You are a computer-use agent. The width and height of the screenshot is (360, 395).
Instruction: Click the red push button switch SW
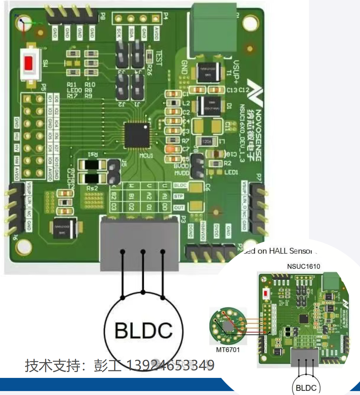(x=29, y=63)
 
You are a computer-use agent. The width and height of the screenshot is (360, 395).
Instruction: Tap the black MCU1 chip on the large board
(x=137, y=135)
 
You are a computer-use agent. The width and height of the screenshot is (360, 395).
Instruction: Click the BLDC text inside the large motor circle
(x=144, y=330)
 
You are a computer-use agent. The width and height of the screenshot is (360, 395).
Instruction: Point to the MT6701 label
(x=228, y=350)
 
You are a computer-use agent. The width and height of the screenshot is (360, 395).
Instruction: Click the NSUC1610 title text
(x=303, y=266)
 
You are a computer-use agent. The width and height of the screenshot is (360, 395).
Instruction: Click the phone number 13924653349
(x=170, y=365)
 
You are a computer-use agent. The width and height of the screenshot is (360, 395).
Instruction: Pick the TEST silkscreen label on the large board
(x=159, y=59)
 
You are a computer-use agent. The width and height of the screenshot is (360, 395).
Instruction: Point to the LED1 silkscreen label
(x=231, y=172)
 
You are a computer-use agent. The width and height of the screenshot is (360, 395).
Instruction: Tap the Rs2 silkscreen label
(x=92, y=188)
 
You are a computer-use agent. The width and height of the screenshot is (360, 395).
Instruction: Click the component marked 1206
(x=207, y=141)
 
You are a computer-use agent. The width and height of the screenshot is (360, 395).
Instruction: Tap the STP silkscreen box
(x=179, y=196)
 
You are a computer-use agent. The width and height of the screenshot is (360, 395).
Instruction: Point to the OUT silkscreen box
(x=179, y=208)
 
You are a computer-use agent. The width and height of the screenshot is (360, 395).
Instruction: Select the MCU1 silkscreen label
(x=146, y=155)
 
